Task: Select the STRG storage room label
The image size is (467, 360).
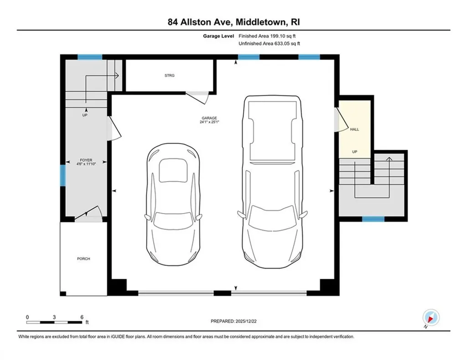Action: point(170,76)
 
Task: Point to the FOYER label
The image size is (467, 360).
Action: point(85,161)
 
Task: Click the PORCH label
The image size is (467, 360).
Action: point(83,259)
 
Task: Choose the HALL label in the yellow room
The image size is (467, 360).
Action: point(354,130)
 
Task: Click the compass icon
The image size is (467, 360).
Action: point(430,317)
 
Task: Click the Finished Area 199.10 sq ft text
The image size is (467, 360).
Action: point(270,36)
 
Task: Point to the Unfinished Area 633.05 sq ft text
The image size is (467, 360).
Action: point(270,43)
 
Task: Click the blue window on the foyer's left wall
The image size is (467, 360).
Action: point(62,176)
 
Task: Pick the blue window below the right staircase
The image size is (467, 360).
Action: point(374,219)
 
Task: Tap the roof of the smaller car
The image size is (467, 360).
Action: point(173,174)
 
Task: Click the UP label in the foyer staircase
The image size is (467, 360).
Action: point(85,115)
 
